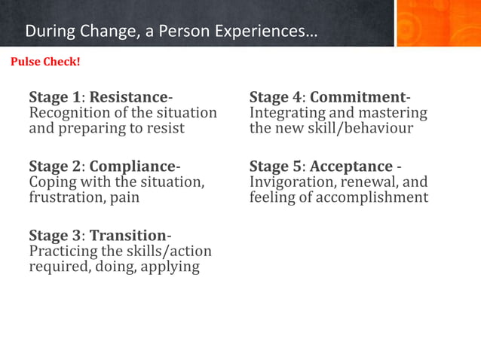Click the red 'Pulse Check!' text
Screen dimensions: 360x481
45,61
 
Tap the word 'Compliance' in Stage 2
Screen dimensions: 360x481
132,166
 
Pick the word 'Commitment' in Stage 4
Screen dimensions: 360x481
357,97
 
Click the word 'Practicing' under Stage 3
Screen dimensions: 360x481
63,251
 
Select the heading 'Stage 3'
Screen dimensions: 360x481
54,235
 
